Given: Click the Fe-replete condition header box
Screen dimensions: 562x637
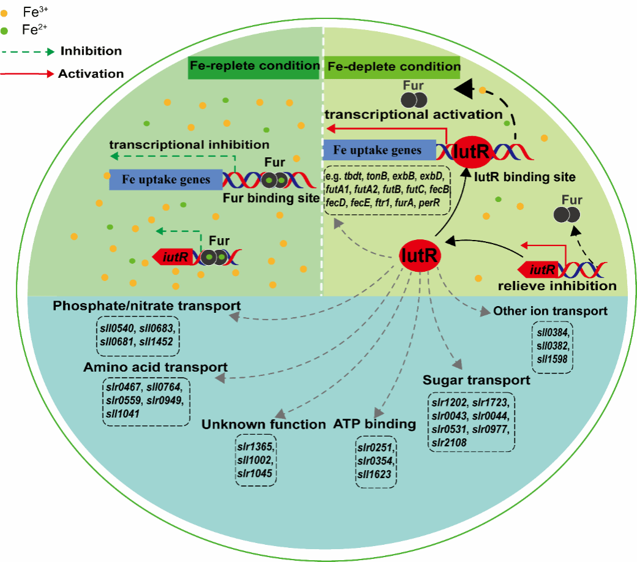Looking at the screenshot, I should (x=254, y=66).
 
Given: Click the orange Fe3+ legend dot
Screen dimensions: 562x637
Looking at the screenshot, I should (x=5, y=12).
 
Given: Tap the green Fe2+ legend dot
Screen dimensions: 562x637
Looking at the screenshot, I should (x=5, y=29).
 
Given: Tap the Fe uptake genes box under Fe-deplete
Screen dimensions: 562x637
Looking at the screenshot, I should (x=379, y=150).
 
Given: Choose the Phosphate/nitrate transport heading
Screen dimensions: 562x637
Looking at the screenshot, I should (x=146, y=305).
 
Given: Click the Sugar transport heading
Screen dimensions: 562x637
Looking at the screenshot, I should (x=476, y=380).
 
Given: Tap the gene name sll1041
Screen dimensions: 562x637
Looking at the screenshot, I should (x=122, y=414).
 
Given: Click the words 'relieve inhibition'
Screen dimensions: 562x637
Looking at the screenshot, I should (x=557, y=286).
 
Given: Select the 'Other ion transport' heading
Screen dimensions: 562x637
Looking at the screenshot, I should (x=551, y=311).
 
